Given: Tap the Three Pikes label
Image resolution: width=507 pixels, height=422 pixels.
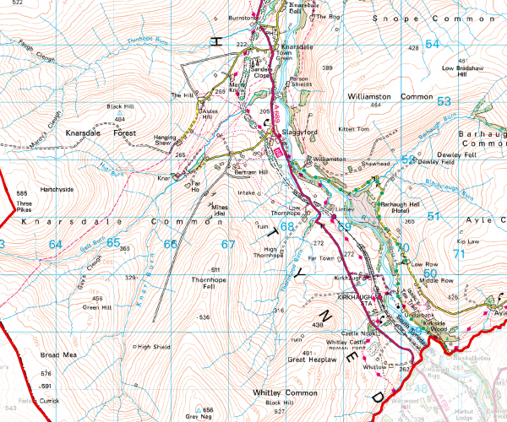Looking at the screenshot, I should (25, 208).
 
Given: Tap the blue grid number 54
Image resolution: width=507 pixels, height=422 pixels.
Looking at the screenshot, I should (433, 44).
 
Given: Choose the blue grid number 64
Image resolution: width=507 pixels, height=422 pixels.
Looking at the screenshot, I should (56, 244).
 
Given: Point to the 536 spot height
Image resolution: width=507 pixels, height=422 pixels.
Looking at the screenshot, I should (204, 316).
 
